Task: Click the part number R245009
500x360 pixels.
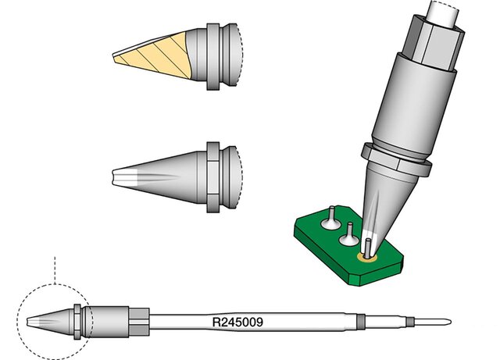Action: [237, 322]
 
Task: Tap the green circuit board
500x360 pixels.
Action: [348, 245]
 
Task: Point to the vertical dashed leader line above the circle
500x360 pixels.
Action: [55, 270]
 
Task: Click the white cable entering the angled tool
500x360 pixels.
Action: [443, 13]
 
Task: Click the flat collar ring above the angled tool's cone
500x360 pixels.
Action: [396, 159]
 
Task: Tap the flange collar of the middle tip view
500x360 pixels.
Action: [213, 177]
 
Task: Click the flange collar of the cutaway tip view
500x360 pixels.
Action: [213, 56]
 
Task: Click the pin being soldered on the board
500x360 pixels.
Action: [368, 247]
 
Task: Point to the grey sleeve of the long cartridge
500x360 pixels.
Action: [107, 322]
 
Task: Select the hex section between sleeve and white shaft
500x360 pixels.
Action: [139, 322]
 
